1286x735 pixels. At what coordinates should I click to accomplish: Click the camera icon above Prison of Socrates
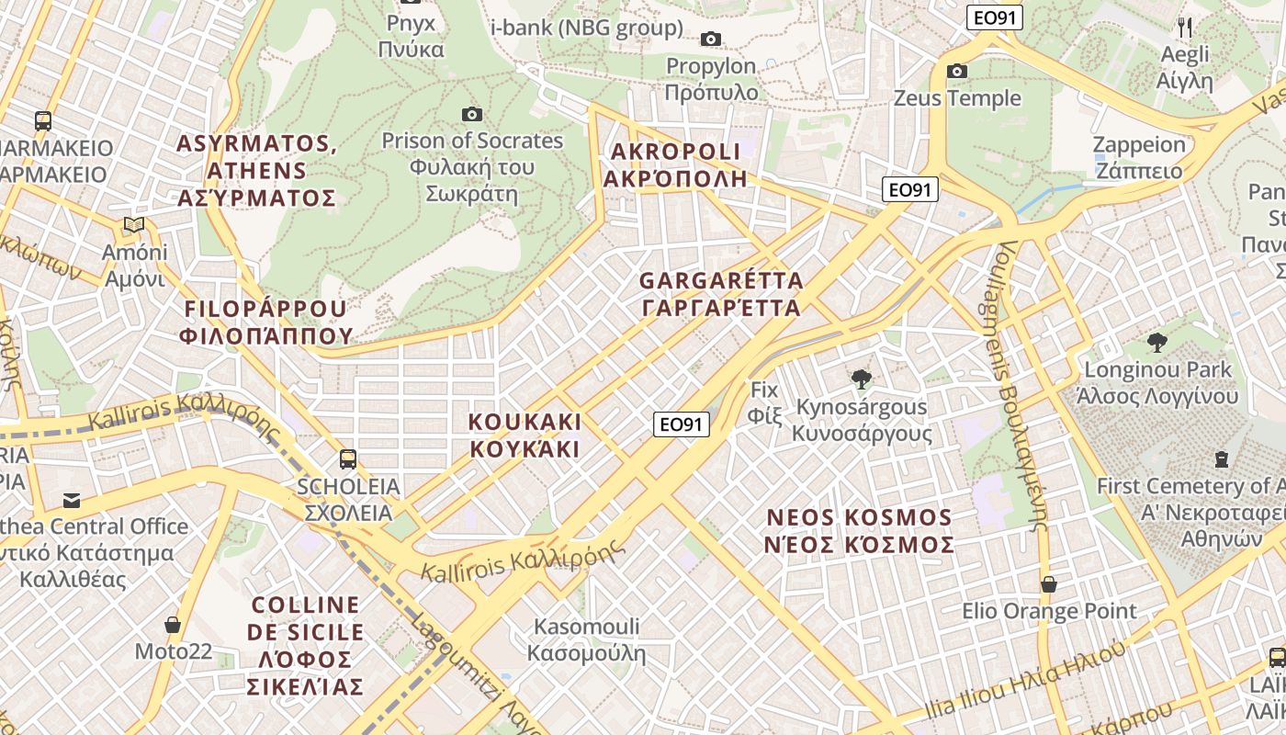[472, 114]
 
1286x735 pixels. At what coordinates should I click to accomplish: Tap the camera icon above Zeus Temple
[957, 71]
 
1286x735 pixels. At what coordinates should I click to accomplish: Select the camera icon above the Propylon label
[710, 39]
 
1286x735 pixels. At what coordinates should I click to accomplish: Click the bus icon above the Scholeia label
[348, 458]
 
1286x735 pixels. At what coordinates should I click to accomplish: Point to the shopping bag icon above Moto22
[172, 625]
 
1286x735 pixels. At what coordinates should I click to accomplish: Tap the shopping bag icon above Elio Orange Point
[1048, 584]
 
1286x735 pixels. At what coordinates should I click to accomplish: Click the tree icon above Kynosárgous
[861, 379]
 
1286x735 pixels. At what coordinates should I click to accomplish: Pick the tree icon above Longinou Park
[1156, 343]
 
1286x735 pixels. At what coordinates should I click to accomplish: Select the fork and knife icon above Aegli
[1185, 27]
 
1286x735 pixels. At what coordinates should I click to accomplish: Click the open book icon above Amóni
[134, 225]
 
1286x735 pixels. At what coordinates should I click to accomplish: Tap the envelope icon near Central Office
[72, 500]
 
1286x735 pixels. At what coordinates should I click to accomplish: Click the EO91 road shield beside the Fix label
[682, 424]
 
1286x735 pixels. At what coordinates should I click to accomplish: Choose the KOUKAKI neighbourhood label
[525, 435]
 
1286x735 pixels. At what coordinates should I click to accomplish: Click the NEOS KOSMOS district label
[859, 531]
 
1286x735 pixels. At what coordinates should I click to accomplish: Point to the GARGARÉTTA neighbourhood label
[721, 294]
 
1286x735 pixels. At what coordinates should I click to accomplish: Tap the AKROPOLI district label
[675, 165]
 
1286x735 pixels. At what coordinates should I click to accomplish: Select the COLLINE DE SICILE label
[306, 645]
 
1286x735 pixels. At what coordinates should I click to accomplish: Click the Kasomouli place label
[586, 639]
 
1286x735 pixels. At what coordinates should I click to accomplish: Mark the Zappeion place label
[1139, 157]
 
